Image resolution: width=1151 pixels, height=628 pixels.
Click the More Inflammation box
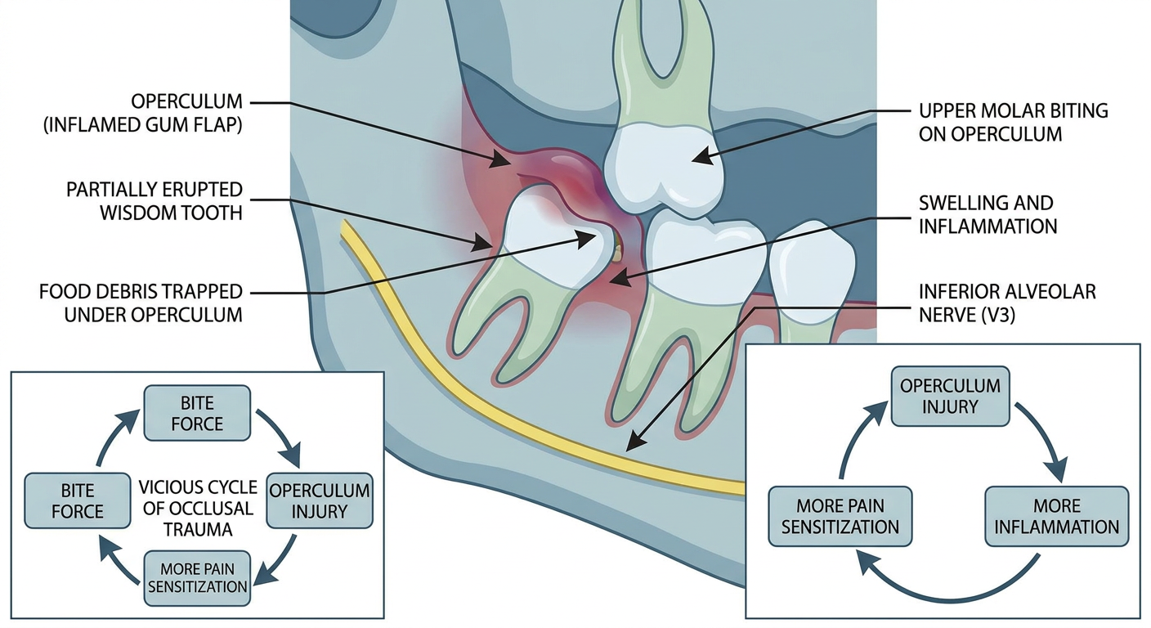[x=1056, y=517]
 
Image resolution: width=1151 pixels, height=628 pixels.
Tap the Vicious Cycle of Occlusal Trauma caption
[x=198, y=508]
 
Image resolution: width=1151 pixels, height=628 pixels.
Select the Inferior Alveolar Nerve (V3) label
[x=1007, y=303]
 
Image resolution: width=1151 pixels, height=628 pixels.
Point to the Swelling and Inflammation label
[x=988, y=214]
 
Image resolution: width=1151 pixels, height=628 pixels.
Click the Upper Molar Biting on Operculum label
[x=1014, y=123]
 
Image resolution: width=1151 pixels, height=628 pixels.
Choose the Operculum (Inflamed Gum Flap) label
[x=143, y=113]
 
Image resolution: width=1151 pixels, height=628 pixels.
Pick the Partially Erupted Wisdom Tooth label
[x=155, y=201]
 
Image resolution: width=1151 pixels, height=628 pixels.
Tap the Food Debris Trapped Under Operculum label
[x=141, y=303]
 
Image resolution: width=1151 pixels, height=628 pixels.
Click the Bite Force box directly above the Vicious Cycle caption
[x=197, y=413]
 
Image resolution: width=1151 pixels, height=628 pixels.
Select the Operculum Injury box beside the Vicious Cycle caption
[x=319, y=500]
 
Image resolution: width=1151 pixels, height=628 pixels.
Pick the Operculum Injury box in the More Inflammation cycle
[x=950, y=397]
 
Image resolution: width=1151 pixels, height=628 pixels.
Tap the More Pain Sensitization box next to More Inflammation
[x=840, y=517]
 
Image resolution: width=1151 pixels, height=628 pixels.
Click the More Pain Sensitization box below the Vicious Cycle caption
[x=197, y=578]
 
